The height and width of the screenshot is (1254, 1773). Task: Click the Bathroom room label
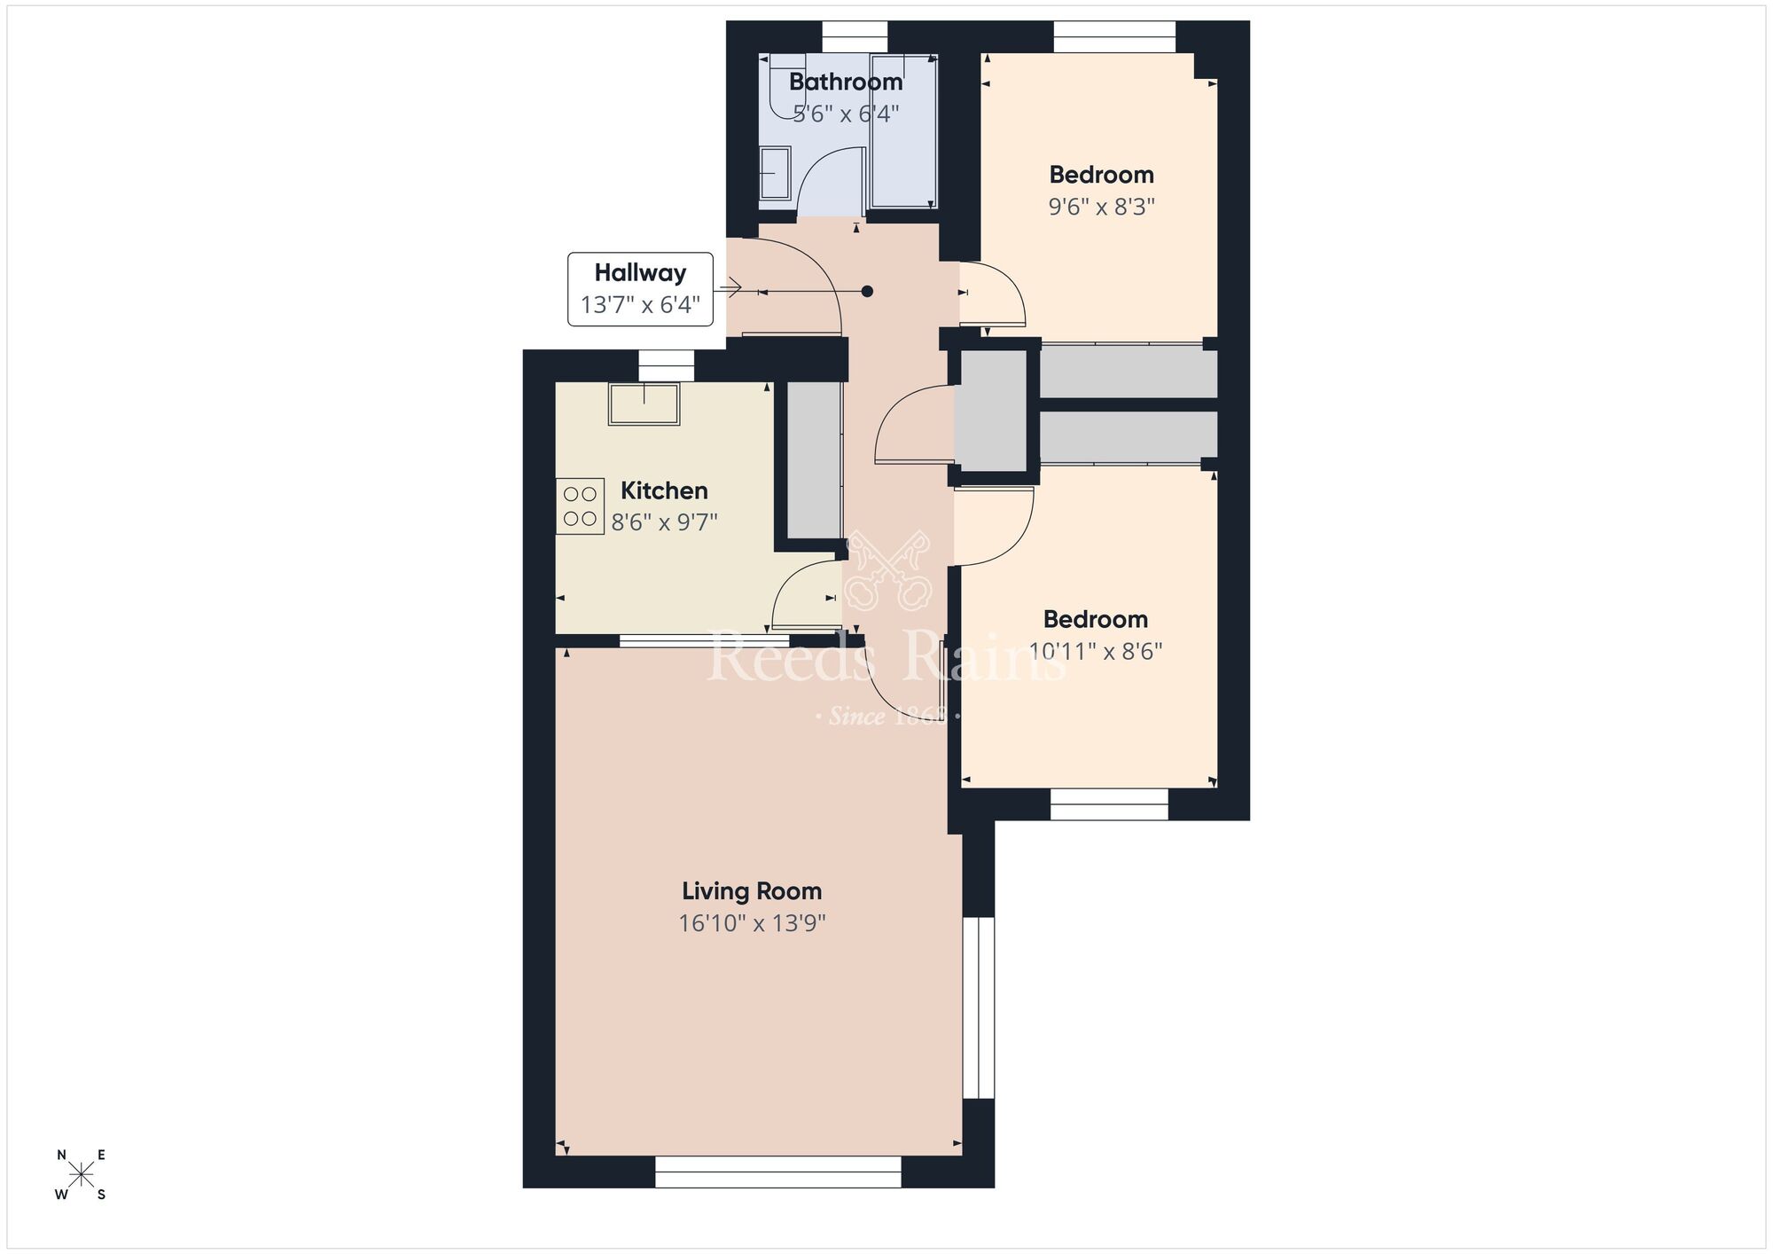coord(846,82)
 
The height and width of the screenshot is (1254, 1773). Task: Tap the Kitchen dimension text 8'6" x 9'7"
coord(664,522)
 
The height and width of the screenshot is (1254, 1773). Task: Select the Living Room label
coord(752,891)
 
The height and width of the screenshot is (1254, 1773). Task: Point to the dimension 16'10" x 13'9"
coord(752,923)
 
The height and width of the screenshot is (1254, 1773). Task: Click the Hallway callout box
coord(640,289)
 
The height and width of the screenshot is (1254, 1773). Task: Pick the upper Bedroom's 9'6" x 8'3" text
coord(1101,207)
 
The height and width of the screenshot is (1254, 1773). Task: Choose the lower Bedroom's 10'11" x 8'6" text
coord(1096,652)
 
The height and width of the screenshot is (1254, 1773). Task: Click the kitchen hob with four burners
coord(580,506)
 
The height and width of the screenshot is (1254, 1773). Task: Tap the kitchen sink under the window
coord(644,404)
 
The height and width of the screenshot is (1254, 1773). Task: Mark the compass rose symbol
coord(82,1175)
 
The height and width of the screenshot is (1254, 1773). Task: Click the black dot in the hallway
coord(867,291)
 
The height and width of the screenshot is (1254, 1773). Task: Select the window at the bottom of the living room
coord(777,1172)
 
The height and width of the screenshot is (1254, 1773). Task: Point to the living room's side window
coord(979,1007)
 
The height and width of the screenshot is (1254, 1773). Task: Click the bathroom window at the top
coord(855,36)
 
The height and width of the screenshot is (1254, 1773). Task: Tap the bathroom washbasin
coord(775,173)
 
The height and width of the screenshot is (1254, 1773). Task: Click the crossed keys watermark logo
coord(887,572)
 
